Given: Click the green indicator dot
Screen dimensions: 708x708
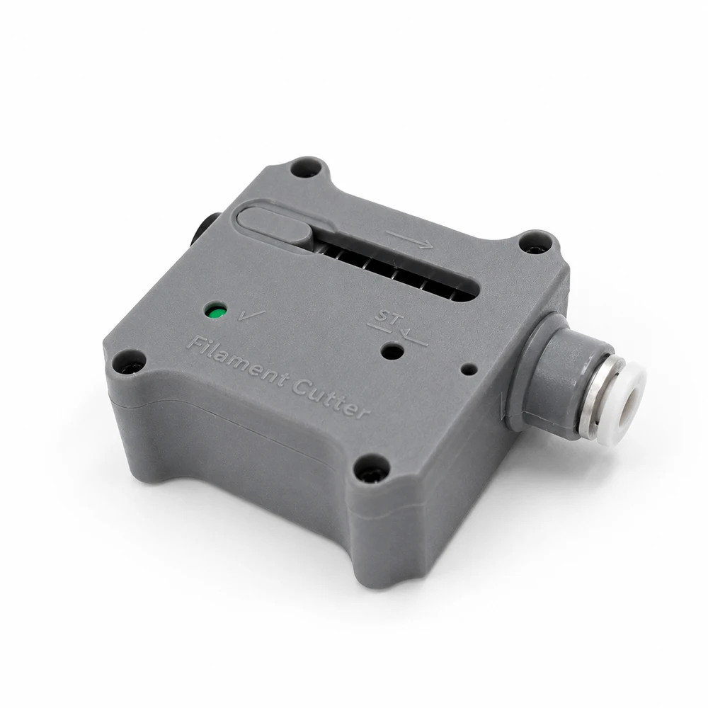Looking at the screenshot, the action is tap(215, 312).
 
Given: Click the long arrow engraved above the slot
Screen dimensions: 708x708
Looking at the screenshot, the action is tap(411, 240).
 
